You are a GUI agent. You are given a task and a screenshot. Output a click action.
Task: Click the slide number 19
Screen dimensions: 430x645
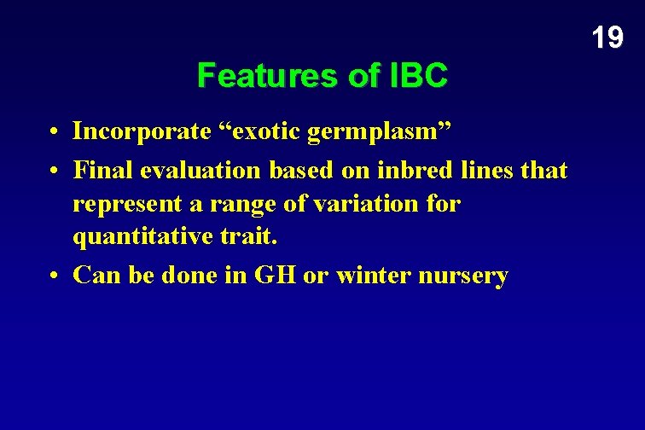(607, 38)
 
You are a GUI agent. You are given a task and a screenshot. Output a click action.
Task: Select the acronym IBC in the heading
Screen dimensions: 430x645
(417, 77)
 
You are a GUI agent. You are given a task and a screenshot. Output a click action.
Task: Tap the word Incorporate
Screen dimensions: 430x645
(142, 132)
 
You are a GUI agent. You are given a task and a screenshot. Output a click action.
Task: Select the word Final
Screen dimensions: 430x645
(98, 171)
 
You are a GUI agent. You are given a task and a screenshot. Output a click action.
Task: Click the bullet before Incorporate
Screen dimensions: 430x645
(53, 133)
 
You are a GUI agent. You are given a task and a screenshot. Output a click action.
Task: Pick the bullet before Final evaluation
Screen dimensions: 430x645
(53, 171)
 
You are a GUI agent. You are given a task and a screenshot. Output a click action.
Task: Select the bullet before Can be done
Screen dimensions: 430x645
(53, 276)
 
